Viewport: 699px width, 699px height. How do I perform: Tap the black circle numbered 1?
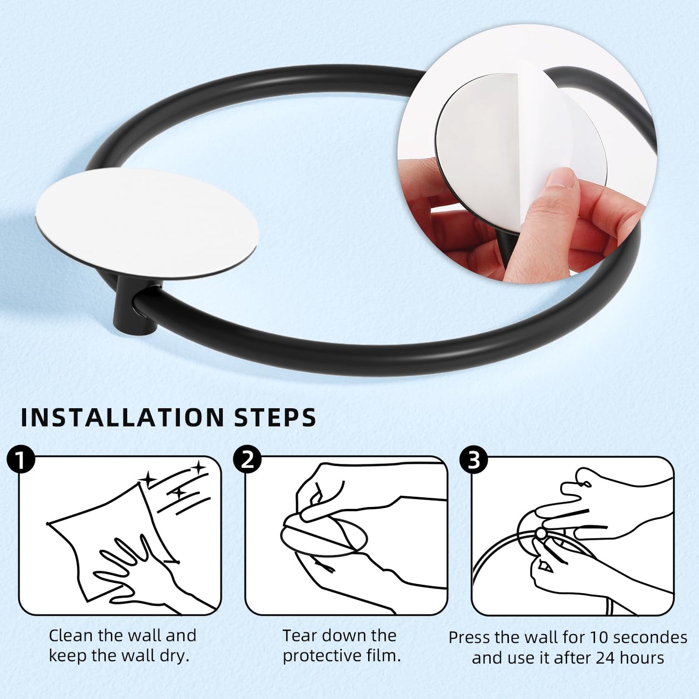tap(21, 460)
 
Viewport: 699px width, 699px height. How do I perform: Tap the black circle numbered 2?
tap(247, 459)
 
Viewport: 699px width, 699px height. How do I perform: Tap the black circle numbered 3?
tap(473, 460)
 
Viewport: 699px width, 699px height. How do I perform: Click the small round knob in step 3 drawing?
tap(540, 533)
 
